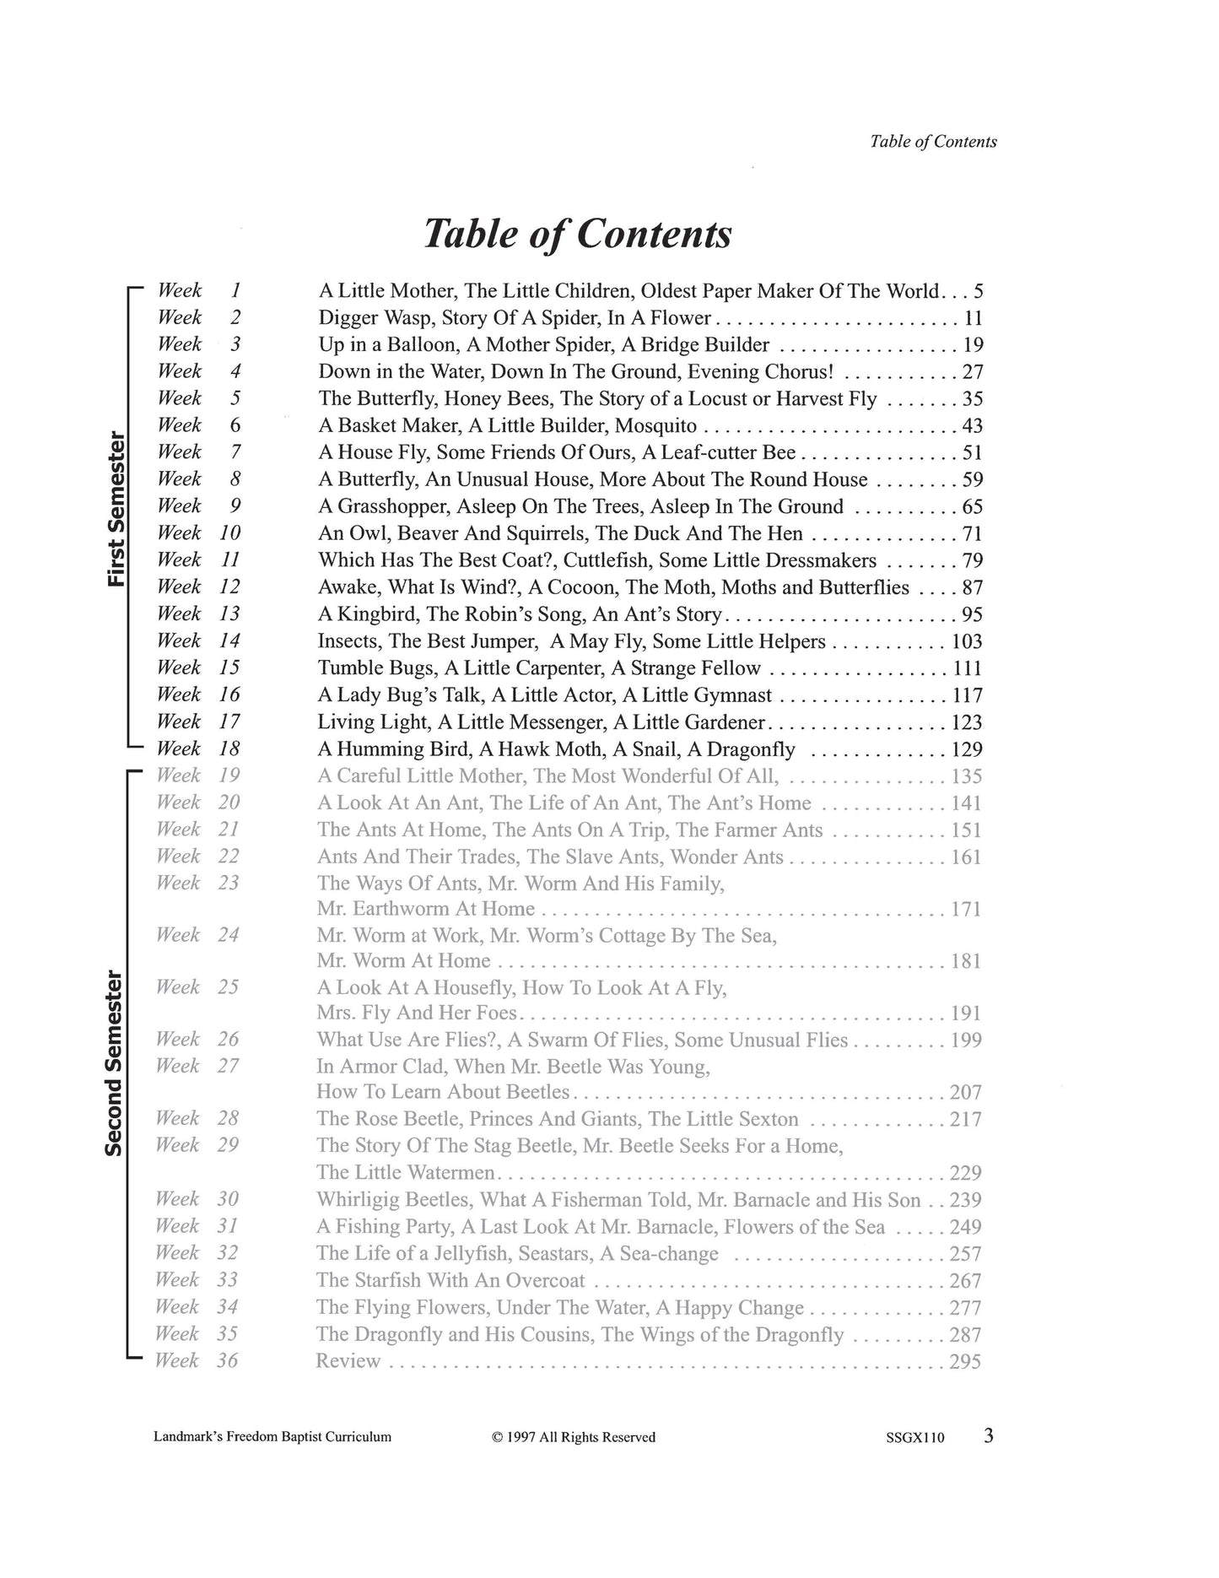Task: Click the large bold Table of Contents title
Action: pyautogui.click(x=577, y=234)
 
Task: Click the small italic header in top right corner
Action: pyautogui.click(x=933, y=142)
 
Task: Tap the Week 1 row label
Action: pyautogui.click(x=199, y=290)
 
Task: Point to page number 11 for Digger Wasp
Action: pyautogui.click(x=973, y=318)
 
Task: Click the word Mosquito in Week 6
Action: pyautogui.click(x=655, y=426)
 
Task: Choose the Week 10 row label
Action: pyautogui.click(x=199, y=533)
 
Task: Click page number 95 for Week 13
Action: pyautogui.click(x=972, y=615)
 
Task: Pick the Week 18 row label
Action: pyautogui.click(x=199, y=748)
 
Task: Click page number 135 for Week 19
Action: pyautogui.click(x=967, y=776)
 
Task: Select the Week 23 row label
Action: pyautogui.click(x=198, y=883)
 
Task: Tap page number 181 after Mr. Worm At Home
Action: pyautogui.click(x=967, y=961)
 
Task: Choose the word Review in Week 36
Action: pyautogui.click(x=348, y=1361)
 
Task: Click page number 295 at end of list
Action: pyautogui.click(x=966, y=1361)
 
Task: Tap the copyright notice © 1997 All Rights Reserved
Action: pyautogui.click(x=574, y=1437)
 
